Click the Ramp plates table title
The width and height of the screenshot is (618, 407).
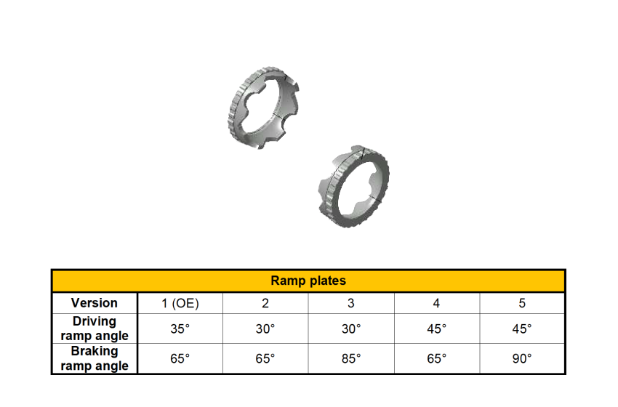(308, 281)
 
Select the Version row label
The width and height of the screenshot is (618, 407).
(95, 303)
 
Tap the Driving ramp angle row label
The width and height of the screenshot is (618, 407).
(95, 329)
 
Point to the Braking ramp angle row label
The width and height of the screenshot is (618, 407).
(95, 358)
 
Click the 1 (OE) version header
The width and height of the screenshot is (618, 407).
(180, 303)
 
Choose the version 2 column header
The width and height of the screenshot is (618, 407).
(265, 303)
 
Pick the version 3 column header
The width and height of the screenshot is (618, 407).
(350, 303)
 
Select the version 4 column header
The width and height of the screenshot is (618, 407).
(436, 303)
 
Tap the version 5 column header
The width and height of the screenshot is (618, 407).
(522, 303)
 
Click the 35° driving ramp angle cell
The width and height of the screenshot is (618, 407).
(180, 329)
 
